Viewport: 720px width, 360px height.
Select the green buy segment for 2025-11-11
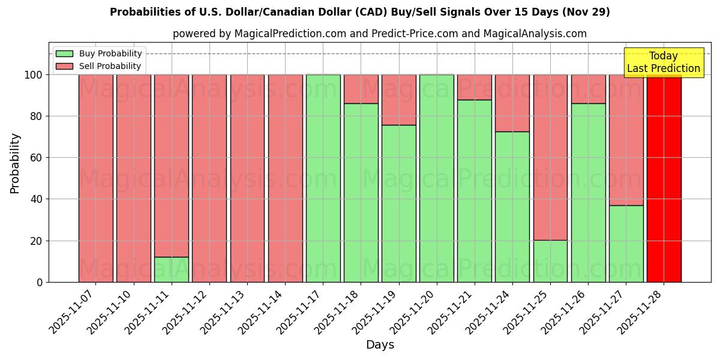pos(171,269)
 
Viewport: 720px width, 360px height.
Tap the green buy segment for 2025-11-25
pos(550,261)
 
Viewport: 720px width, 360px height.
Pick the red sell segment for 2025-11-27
pos(626,140)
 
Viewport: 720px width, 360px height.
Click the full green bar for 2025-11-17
pos(323,178)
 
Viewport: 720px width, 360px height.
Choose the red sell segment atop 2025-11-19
pos(398,100)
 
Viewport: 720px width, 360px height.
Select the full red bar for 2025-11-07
pos(95,178)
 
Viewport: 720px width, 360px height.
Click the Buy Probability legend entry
pos(110,53)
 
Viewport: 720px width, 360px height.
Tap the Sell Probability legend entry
pos(110,66)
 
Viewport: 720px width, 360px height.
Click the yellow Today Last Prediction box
pos(663,62)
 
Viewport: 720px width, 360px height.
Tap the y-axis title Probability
pos(15,163)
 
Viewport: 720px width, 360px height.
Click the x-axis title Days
pos(380,345)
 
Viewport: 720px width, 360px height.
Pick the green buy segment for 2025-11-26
pos(588,193)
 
